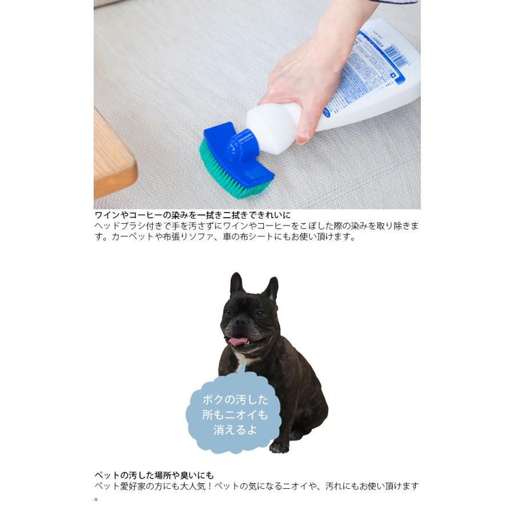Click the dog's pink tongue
[239, 341]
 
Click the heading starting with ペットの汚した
[154, 475]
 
